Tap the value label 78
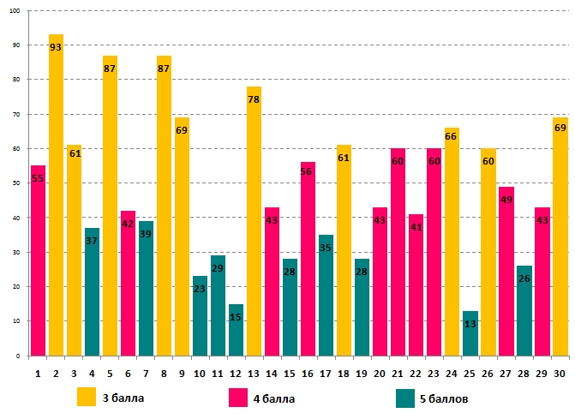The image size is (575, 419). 254,100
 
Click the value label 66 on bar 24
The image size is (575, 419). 452,136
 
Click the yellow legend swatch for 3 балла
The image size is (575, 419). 87,397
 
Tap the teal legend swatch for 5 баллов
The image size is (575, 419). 406,397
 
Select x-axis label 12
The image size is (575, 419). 236,373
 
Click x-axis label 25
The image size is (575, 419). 470,373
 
